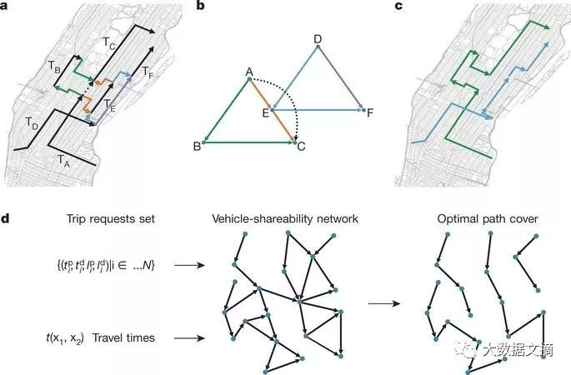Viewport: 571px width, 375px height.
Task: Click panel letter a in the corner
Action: click(x=6, y=7)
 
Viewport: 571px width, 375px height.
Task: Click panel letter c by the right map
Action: click(x=398, y=7)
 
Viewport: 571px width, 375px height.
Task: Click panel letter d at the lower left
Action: click(x=7, y=219)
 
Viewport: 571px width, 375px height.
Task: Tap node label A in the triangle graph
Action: click(x=248, y=72)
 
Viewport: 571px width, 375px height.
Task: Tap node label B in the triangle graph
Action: click(x=197, y=146)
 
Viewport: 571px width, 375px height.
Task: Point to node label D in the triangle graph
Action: click(x=318, y=38)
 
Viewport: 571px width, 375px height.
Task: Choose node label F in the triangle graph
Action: click(x=370, y=112)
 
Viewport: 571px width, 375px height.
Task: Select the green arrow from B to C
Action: click(x=250, y=142)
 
